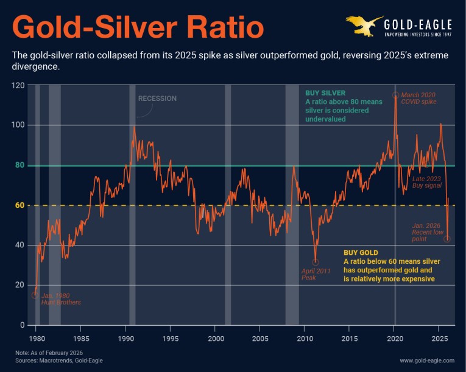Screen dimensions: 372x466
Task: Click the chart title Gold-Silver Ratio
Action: [x=138, y=28]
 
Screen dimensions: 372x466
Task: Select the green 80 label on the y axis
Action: [x=19, y=165]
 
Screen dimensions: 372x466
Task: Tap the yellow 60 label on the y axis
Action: [x=19, y=205]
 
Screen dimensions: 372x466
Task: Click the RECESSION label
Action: [x=157, y=98]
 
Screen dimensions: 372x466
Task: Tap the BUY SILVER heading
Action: [x=328, y=93]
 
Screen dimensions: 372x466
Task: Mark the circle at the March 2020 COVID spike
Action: [x=395, y=95]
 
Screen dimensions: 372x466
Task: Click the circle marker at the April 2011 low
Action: [x=315, y=262]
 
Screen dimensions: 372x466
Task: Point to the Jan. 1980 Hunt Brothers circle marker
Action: [x=35, y=295]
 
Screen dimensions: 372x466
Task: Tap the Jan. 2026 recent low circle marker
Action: [x=447, y=239]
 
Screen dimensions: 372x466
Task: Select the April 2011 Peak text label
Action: [x=316, y=274]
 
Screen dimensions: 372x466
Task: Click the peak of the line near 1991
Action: [x=134, y=126]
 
